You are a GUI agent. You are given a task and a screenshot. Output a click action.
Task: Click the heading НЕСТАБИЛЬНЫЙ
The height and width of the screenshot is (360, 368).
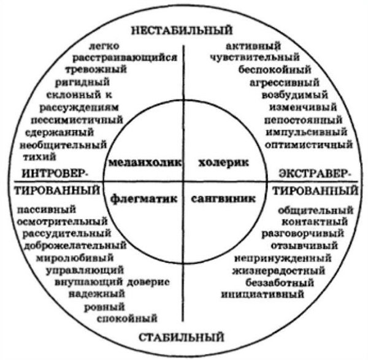pyautogui.click(x=185, y=29)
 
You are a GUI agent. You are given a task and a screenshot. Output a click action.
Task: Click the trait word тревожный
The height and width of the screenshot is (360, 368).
pyautogui.click(x=101, y=69)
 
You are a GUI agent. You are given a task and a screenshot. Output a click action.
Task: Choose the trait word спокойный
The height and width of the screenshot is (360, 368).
pyautogui.click(x=130, y=318)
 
